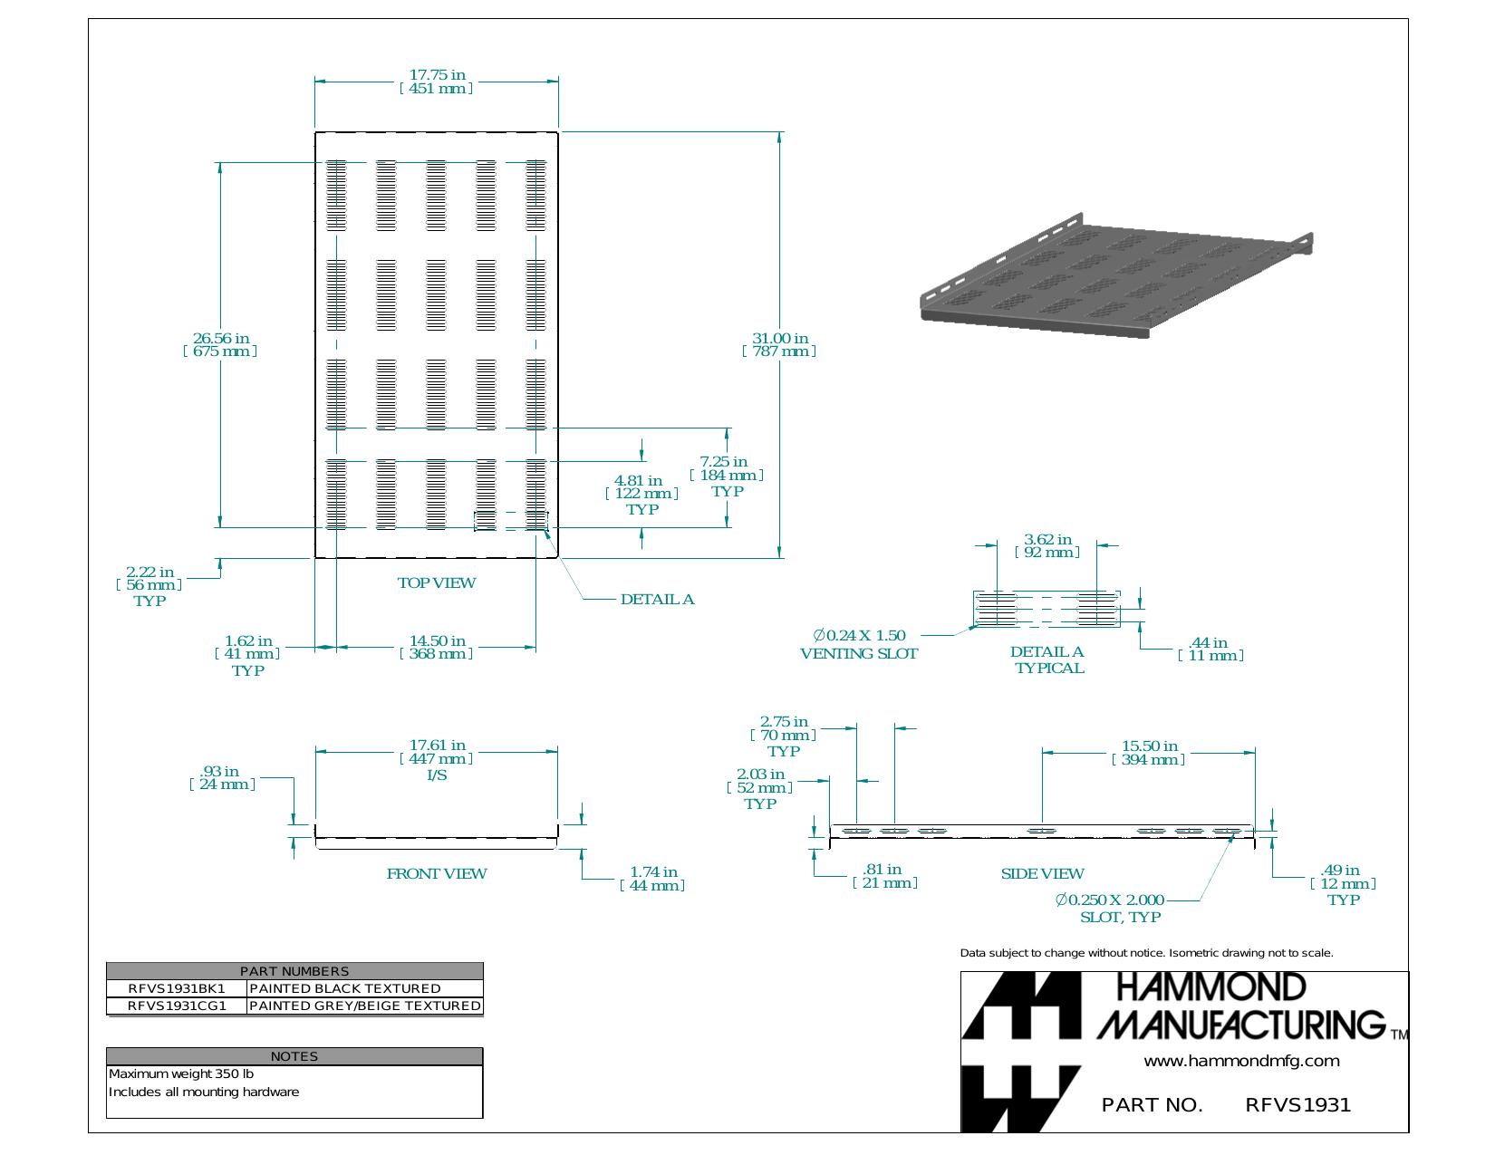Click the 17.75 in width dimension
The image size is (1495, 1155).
pos(436,82)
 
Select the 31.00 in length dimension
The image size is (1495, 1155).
pos(779,344)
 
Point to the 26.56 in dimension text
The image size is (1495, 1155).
pos(220,344)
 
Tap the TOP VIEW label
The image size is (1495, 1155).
pos(436,582)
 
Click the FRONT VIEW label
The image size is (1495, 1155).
pos(436,873)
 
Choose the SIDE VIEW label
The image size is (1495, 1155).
pos(1042,873)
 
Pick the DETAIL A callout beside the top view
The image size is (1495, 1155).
pos(657,599)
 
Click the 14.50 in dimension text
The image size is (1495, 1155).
pos(436,647)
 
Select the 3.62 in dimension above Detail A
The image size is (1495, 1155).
pos(1047,545)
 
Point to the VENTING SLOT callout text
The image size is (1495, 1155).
pos(859,653)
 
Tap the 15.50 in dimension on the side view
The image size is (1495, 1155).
pos(1149,753)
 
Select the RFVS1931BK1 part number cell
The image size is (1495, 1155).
pos(177,988)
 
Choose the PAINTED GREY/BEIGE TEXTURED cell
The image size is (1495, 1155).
pos(364,1006)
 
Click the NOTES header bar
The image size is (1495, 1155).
pos(294,1056)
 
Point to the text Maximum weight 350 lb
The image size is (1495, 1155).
pos(181,1073)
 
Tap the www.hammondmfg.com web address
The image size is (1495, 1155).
pos(1242,1061)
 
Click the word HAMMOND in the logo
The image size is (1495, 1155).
pos(1210,987)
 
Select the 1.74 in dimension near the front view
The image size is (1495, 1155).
pos(653,879)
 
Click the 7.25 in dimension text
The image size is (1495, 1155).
pos(727,467)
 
